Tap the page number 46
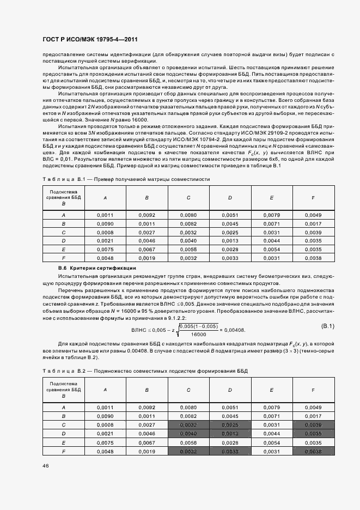pyautogui.click(x=45, y=465)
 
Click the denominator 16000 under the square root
pyautogui.click(x=199, y=335)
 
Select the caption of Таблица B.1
pyautogui.click(x=125, y=179)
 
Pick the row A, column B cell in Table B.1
pyautogui.click(x=147, y=215)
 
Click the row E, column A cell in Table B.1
pyautogui.click(x=105, y=249)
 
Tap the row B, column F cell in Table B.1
pyautogui.click(x=313, y=223)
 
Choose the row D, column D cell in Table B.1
pyautogui.click(x=230, y=240)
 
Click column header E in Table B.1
pyautogui.click(x=271, y=198)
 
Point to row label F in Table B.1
pyautogui.click(x=64, y=258)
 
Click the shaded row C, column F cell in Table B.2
pyautogui.click(x=313, y=424)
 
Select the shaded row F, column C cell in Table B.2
pyautogui.click(x=188, y=451)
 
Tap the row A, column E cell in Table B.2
pyautogui.click(x=271, y=407)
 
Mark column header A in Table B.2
pyautogui.click(x=105, y=390)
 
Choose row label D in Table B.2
pyautogui.click(x=64, y=433)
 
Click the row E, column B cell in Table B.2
pyautogui.click(x=147, y=443)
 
